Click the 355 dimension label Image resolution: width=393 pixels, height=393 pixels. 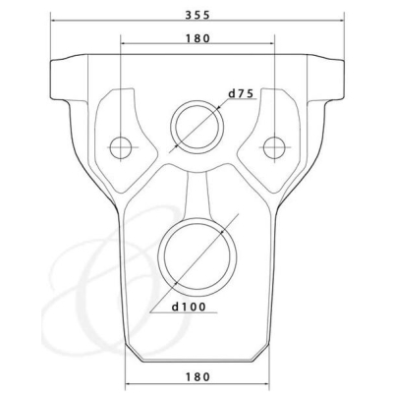[x=196, y=16]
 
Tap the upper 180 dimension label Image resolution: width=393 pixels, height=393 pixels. [x=197, y=38]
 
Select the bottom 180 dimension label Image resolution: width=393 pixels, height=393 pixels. [x=197, y=376]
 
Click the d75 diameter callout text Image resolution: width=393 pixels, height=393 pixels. [x=241, y=94]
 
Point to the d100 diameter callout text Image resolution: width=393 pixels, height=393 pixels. [x=190, y=307]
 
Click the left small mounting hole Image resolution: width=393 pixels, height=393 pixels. [x=121, y=147]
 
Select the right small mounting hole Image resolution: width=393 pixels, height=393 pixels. [x=274, y=147]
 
